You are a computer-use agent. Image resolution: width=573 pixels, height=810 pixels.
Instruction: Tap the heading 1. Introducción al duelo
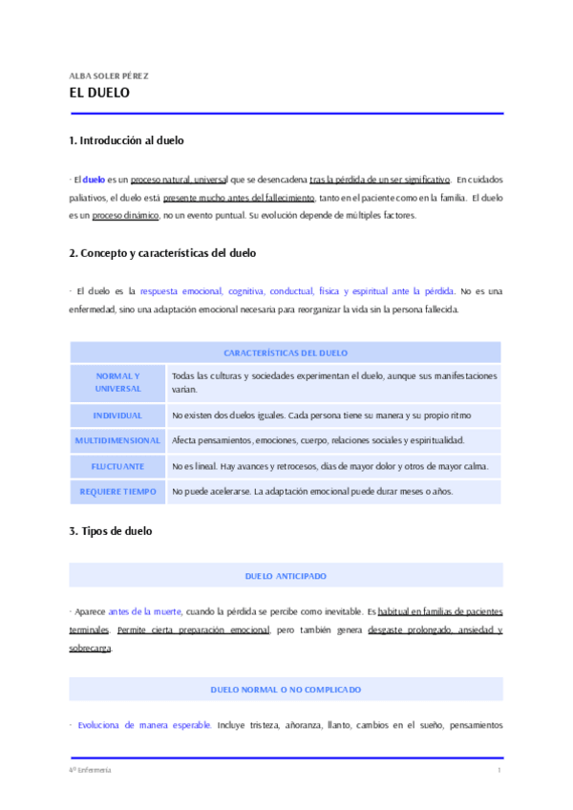click(126, 140)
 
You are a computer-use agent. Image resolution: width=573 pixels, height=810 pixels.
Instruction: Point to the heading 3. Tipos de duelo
click(110, 530)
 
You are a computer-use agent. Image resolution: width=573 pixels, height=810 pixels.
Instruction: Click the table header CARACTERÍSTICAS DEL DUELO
click(286, 352)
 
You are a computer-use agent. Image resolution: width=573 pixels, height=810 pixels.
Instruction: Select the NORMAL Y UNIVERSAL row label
click(117, 382)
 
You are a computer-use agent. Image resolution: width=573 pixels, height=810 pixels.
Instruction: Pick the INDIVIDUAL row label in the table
click(117, 416)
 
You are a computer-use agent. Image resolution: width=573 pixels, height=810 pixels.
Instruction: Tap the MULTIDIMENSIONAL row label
click(117, 440)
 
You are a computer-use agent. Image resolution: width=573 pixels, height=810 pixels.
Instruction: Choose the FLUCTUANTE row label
click(117, 466)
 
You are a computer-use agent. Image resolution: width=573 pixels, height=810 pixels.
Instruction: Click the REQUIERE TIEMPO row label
click(117, 491)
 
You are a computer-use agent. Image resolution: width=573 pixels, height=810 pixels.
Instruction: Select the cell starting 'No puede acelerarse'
click(311, 491)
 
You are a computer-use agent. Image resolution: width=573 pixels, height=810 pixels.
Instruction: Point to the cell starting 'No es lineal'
click(329, 466)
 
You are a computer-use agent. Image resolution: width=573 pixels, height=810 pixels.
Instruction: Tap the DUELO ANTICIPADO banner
click(286, 576)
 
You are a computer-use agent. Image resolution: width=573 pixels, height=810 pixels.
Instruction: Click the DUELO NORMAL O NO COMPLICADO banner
click(286, 689)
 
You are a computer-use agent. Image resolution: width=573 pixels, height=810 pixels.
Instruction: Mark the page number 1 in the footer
click(499, 770)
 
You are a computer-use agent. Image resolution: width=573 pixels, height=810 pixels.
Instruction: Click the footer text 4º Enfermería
click(90, 770)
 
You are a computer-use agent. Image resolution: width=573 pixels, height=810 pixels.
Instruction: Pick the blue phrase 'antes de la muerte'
click(145, 610)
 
